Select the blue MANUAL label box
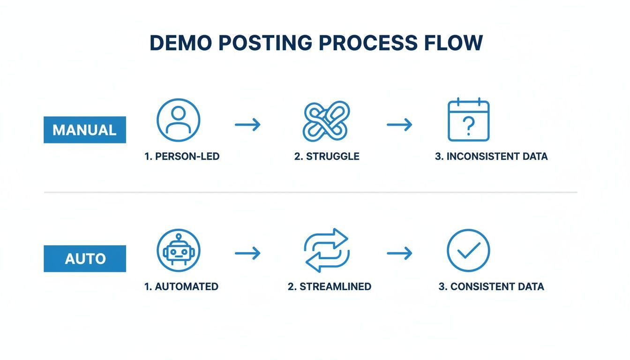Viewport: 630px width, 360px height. [85, 130]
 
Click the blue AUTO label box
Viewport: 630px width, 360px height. [85, 258]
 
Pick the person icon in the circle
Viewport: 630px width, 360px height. [178, 120]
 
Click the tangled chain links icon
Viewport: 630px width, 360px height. [326, 121]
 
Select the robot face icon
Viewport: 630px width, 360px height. [178, 250]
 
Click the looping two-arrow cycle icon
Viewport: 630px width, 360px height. [326, 250]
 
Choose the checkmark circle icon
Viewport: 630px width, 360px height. [468, 250]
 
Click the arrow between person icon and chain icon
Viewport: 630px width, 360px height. [247, 125]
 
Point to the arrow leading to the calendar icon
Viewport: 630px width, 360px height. [399, 125]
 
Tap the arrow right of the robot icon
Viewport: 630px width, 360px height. [247, 254]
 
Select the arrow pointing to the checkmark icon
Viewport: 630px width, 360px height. [399, 254]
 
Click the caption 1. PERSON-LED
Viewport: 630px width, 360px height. [182, 157]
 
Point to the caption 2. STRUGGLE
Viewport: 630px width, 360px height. [327, 157]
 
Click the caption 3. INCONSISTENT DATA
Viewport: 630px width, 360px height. [491, 157]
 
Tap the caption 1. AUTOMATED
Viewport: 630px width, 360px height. [181, 286]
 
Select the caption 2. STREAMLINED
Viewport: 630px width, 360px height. [330, 286]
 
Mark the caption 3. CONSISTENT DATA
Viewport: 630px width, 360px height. [491, 286]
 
